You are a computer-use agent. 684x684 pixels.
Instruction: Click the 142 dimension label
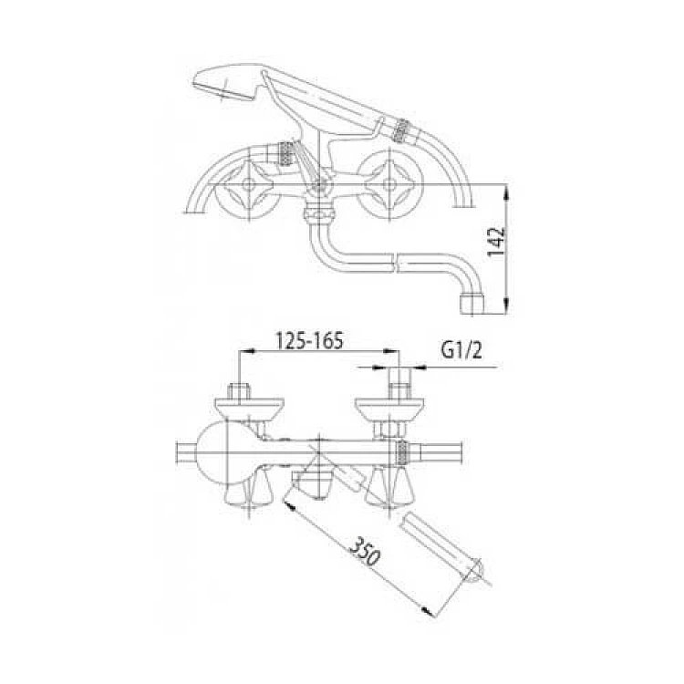click(496, 242)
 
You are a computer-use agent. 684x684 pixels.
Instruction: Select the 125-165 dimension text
click(310, 340)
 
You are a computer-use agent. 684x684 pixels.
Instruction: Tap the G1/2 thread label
click(461, 350)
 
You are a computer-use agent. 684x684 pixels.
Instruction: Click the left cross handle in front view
click(247, 185)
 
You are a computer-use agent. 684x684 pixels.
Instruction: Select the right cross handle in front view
click(389, 183)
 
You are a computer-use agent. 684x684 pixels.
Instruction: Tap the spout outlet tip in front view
click(472, 304)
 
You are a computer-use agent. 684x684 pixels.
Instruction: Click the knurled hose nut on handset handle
click(400, 130)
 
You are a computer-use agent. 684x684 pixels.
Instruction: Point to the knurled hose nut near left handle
click(286, 153)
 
